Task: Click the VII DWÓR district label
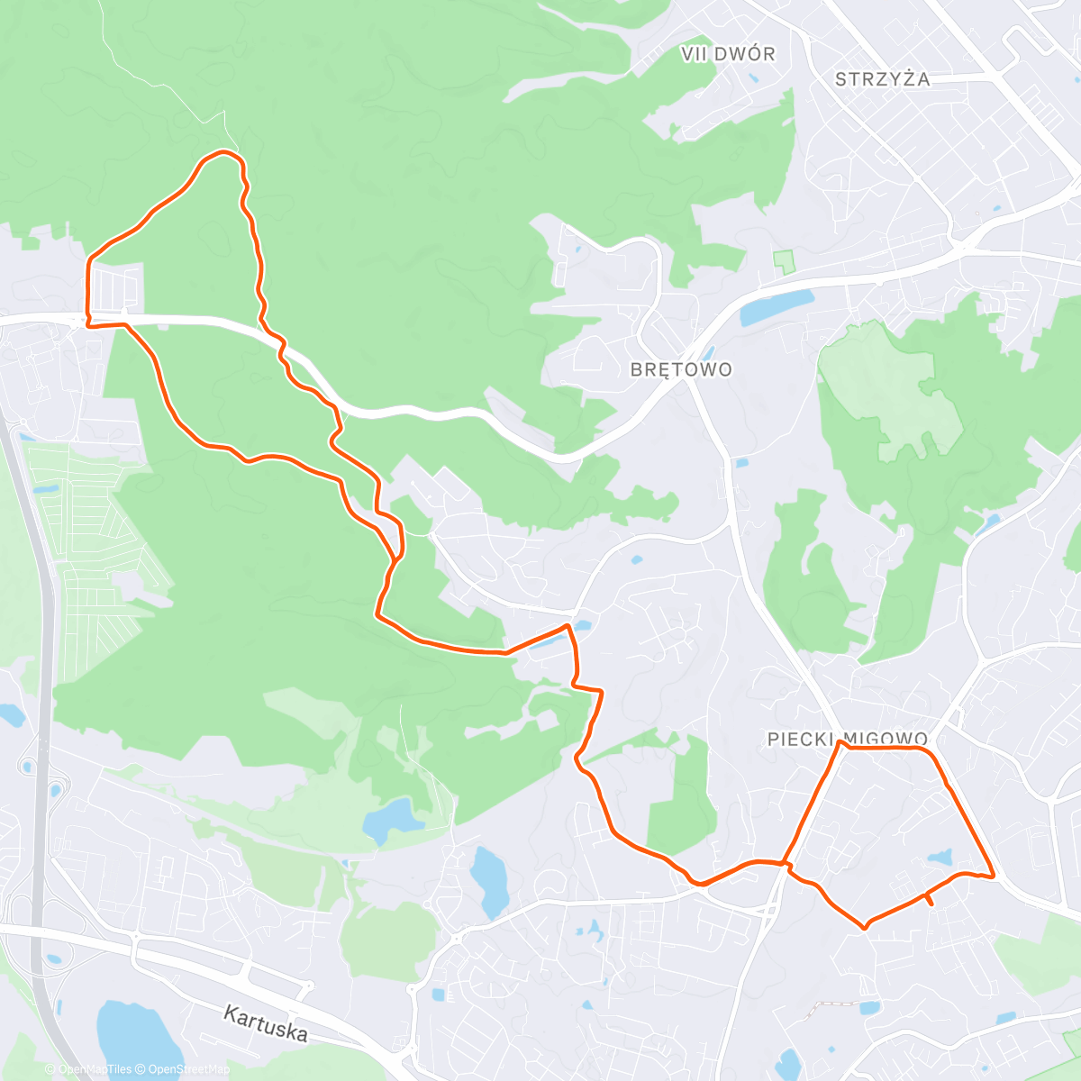tap(728, 54)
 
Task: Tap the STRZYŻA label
tap(882, 79)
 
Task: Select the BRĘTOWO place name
tap(681, 369)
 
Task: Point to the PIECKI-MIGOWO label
tap(847, 739)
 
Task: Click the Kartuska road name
tap(266, 1023)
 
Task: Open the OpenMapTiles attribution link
tap(95, 1069)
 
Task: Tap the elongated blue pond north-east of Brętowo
tap(775, 307)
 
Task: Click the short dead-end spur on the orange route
tap(929, 899)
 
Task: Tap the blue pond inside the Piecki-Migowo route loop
tap(940, 855)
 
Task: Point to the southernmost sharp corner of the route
tap(865, 927)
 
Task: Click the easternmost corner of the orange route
tap(993, 876)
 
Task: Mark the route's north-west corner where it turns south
tap(88, 261)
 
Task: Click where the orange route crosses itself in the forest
tap(394, 561)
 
